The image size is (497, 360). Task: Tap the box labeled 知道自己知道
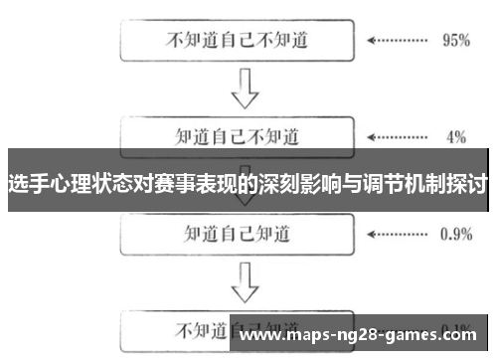pyautogui.click(x=239, y=234)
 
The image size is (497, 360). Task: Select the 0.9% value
pyautogui.click(x=454, y=234)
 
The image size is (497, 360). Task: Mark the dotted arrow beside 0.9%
pyautogui.click(x=397, y=234)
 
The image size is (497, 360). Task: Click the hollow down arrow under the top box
pyautogui.click(x=240, y=90)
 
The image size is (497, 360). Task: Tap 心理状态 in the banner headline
pyautogui.click(x=85, y=185)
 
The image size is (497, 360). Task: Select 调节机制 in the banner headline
pyautogui.click(x=405, y=185)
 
